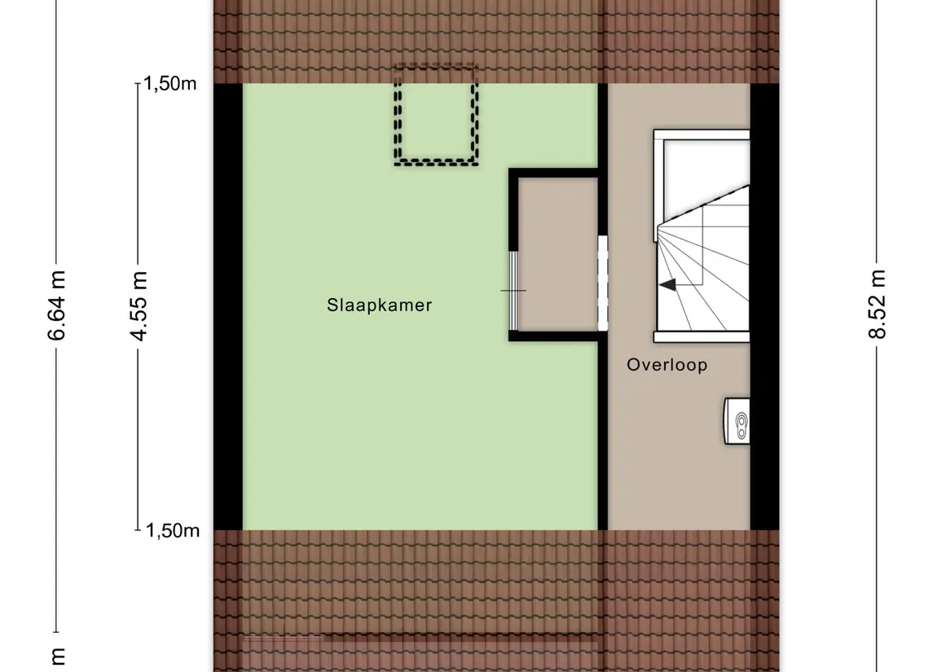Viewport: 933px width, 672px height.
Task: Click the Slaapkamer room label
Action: pos(379,305)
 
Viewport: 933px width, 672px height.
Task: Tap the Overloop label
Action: pos(667,365)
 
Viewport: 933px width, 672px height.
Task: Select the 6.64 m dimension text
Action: pos(56,305)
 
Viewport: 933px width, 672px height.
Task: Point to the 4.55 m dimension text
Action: pos(138,305)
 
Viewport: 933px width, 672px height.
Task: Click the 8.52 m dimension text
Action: pos(877,304)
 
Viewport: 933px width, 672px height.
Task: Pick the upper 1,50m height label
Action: pos(169,84)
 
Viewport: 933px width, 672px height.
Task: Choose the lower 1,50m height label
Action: pos(173,530)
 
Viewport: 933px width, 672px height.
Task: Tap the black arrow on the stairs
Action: pos(667,285)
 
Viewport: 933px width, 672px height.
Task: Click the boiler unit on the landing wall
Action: pos(737,421)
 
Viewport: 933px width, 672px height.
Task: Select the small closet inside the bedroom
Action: pos(558,254)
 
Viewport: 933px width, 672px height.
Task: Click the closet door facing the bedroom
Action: pos(513,291)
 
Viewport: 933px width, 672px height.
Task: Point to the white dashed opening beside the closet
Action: pos(603,283)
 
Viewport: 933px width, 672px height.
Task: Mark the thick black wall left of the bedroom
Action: pos(228,306)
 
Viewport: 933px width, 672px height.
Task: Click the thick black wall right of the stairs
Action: pos(764,306)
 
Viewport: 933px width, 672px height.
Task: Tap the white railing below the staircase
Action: pos(702,337)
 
